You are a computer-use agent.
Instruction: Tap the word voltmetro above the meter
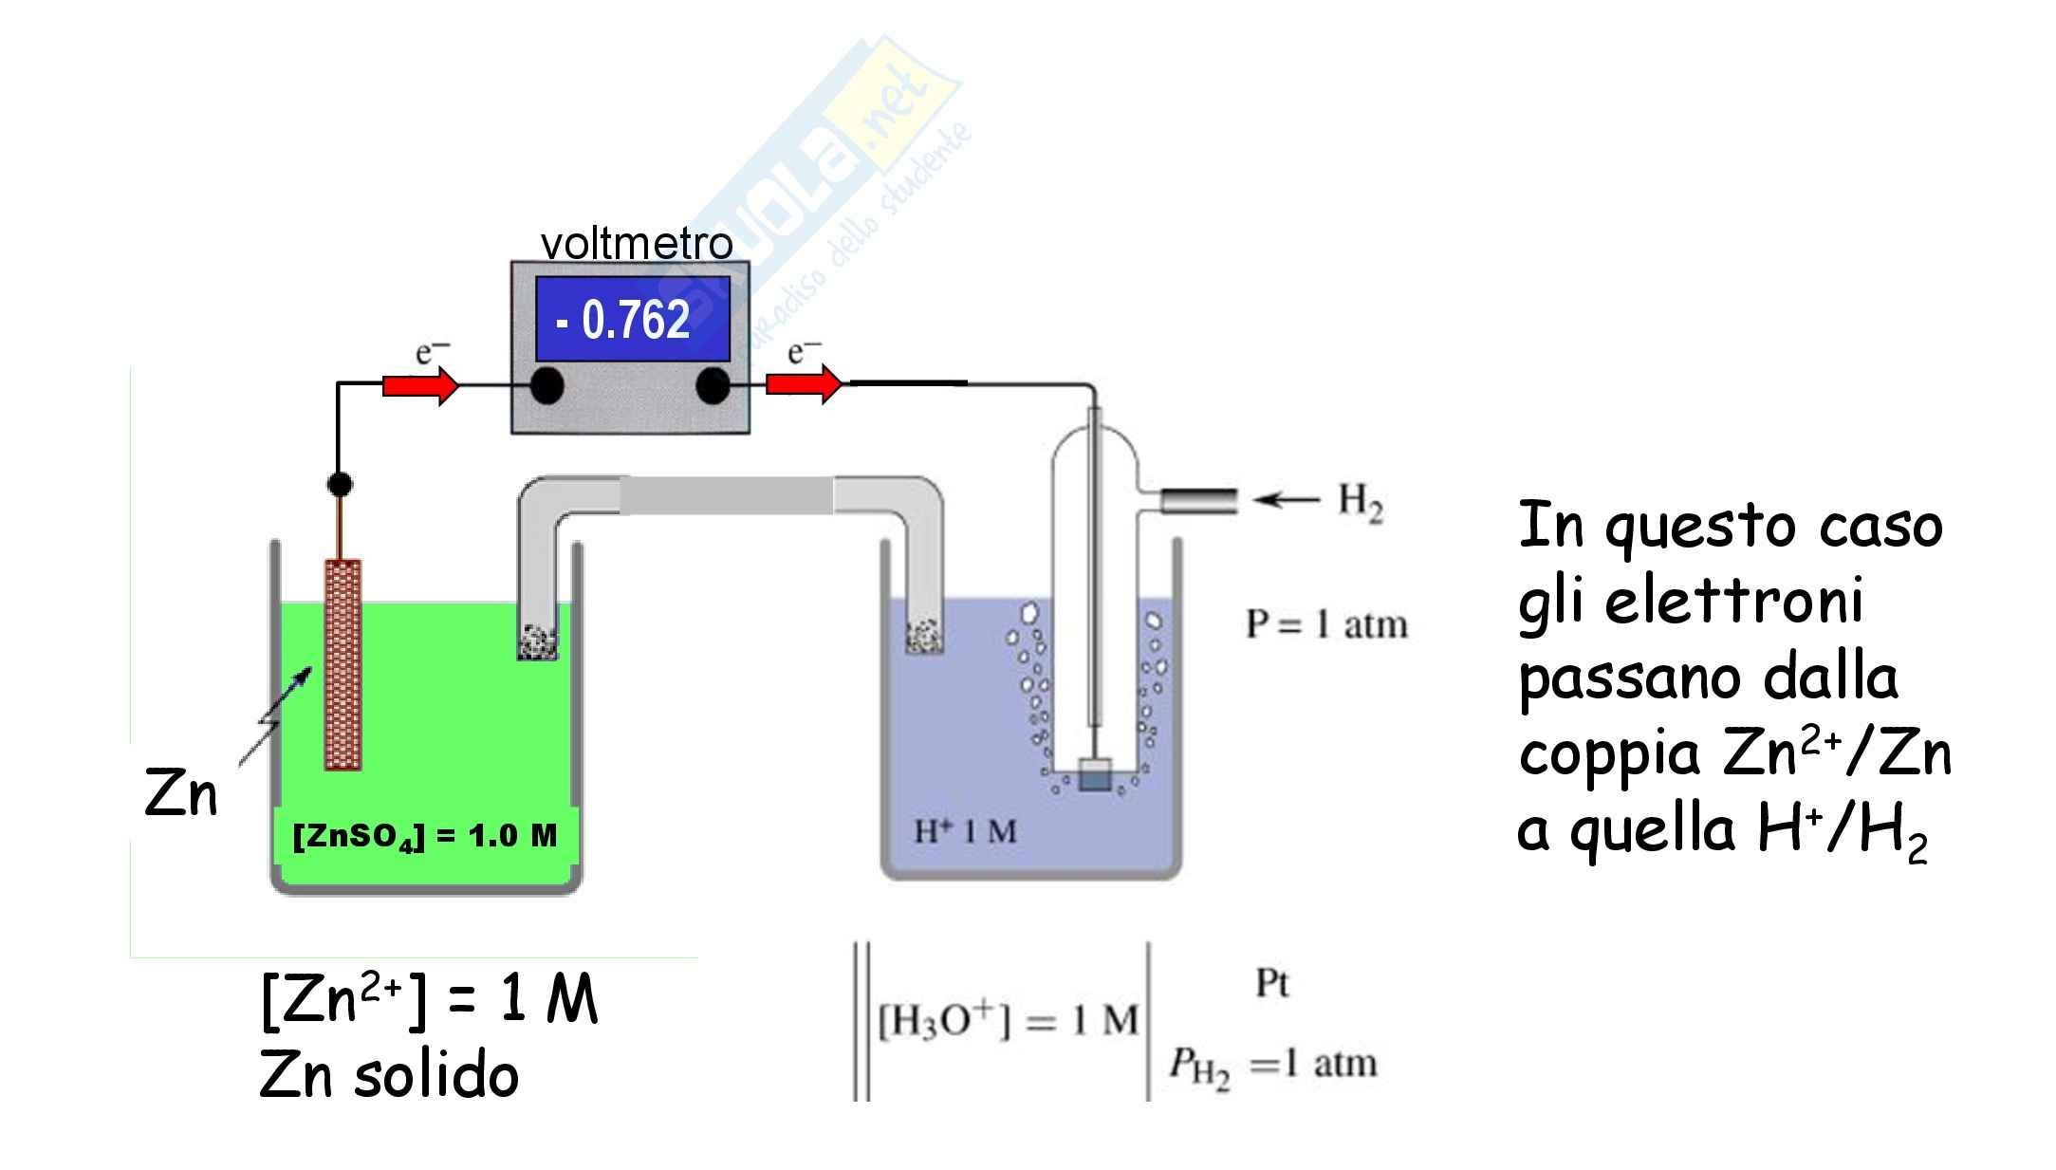(x=637, y=244)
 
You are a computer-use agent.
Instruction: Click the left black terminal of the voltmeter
(x=546, y=386)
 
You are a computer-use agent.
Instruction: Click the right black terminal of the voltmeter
(x=713, y=386)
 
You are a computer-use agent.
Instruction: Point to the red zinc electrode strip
(x=343, y=663)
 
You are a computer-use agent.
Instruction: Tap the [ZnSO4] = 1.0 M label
(x=425, y=836)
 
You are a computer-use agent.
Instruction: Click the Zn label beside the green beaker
(x=181, y=794)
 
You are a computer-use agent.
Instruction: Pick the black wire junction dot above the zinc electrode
(x=340, y=484)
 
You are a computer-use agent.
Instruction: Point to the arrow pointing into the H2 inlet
(x=1285, y=500)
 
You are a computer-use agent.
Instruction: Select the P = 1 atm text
(x=1326, y=624)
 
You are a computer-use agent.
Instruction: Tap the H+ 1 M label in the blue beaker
(x=965, y=832)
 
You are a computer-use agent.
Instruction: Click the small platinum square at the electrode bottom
(x=1094, y=773)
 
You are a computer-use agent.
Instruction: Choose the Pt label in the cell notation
(x=1272, y=984)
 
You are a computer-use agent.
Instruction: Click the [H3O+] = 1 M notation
(x=1009, y=1021)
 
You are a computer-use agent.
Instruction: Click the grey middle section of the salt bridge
(x=727, y=495)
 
